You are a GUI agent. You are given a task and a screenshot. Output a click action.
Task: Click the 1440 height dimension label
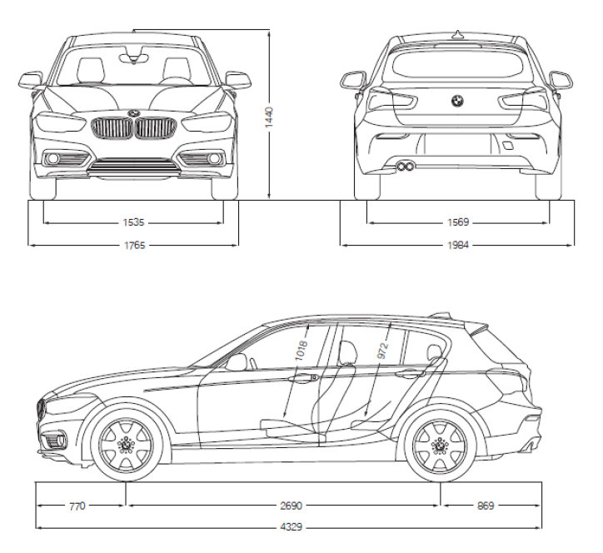[269, 117]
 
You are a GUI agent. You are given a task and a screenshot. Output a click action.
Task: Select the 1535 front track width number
[133, 222]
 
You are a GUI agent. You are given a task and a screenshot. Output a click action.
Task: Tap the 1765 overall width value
[135, 246]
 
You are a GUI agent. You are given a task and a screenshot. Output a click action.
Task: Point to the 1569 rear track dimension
[458, 222]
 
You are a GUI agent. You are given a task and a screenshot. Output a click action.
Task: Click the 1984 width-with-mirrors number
[458, 245]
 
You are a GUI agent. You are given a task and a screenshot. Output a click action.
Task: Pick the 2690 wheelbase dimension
[292, 506]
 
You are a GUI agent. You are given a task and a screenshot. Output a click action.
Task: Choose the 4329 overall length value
[292, 527]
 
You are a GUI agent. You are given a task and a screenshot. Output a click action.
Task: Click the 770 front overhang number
[77, 506]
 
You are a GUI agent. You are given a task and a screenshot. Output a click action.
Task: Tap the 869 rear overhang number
[486, 506]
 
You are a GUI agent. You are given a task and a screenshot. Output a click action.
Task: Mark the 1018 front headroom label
[301, 350]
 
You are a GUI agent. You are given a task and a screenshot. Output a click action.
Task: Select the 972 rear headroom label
[383, 351]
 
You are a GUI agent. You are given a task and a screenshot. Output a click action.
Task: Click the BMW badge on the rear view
[457, 101]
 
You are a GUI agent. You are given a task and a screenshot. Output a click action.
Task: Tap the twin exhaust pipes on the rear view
[406, 166]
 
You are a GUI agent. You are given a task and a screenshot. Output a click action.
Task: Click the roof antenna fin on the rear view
[457, 35]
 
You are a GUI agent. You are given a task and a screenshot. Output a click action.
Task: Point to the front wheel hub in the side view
[126, 446]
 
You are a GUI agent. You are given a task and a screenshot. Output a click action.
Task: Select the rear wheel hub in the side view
[440, 446]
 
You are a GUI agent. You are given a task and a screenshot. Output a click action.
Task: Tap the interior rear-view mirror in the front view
[133, 58]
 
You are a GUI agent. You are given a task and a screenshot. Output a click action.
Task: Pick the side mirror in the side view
[237, 362]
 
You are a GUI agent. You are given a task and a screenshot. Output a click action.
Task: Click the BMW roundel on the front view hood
[134, 113]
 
